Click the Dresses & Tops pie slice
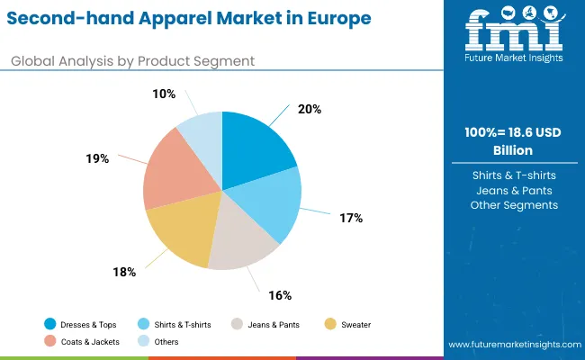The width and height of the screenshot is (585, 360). [x=256, y=148]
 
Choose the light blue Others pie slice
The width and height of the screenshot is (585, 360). [x=203, y=131]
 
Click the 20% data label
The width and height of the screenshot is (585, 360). [x=310, y=109]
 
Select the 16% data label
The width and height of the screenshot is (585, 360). [x=280, y=294]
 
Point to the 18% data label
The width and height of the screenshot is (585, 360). [x=124, y=272]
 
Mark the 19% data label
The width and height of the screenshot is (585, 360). [x=98, y=158]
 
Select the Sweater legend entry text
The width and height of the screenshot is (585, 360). [x=355, y=324]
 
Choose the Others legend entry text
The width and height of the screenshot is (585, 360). [x=166, y=341]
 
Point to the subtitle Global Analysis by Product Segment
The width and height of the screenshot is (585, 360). [x=132, y=60]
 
